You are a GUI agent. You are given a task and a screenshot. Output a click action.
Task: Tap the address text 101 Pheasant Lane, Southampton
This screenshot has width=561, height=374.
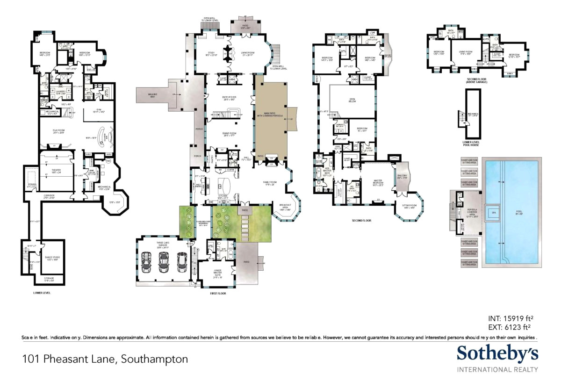pos(105,359)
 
